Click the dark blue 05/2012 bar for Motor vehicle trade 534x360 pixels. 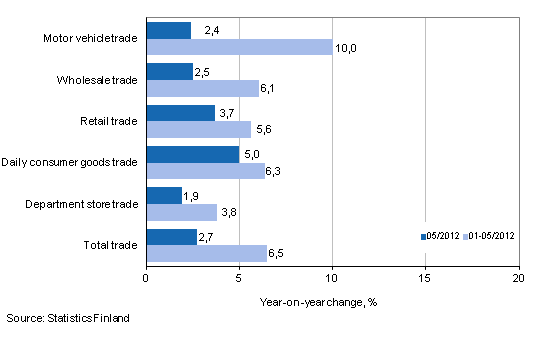coord(168,31)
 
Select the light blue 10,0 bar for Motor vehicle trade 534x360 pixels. coord(239,47)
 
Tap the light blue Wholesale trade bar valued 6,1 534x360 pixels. coord(203,88)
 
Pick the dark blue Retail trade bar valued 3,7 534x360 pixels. coord(180,113)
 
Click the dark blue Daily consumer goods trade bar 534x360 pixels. coord(192,154)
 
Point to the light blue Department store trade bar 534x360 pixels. coord(181,212)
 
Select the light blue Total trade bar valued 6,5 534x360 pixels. coord(206,253)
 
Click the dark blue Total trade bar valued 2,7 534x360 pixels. coord(171,236)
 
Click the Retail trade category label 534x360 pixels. coord(110,121)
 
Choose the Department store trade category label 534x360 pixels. coord(83,203)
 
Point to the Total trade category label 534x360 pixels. coord(112,244)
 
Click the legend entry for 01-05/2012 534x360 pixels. coord(490,238)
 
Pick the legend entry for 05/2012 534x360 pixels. coord(442,238)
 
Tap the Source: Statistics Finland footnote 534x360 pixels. coord(67,318)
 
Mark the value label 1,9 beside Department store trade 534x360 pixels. coord(192,195)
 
